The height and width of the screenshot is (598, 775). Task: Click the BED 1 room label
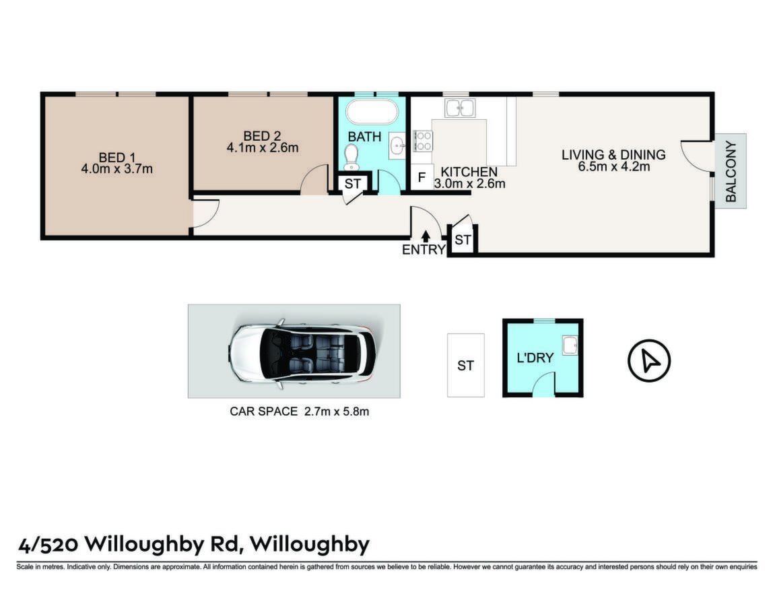tap(117, 158)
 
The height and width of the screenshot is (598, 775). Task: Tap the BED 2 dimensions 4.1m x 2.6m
tap(263, 147)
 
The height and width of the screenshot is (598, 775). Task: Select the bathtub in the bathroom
tap(372, 112)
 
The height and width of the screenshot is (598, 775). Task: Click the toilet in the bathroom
tap(351, 157)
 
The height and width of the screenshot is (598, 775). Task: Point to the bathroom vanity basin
tap(397, 145)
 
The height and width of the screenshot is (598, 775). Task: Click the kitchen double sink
tap(460, 107)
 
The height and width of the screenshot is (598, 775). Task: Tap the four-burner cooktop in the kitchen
tap(423, 141)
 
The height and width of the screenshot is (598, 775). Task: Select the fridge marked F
tap(422, 177)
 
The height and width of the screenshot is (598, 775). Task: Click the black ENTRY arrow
tap(426, 236)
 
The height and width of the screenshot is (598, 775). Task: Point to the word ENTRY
tap(424, 250)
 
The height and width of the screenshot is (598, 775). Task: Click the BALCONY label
tap(731, 171)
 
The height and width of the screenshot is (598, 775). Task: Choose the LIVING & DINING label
tap(613, 155)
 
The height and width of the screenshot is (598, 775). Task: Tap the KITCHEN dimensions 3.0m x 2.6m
tap(469, 184)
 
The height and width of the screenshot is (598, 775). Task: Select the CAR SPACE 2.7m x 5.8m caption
tap(300, 411)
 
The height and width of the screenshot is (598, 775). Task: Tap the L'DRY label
tap(535, 358)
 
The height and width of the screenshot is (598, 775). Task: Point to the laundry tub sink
tap(570, 345)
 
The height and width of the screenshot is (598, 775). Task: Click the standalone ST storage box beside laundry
tap(465, 365)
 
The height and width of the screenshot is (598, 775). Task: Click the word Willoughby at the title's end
tap(310, 544)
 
